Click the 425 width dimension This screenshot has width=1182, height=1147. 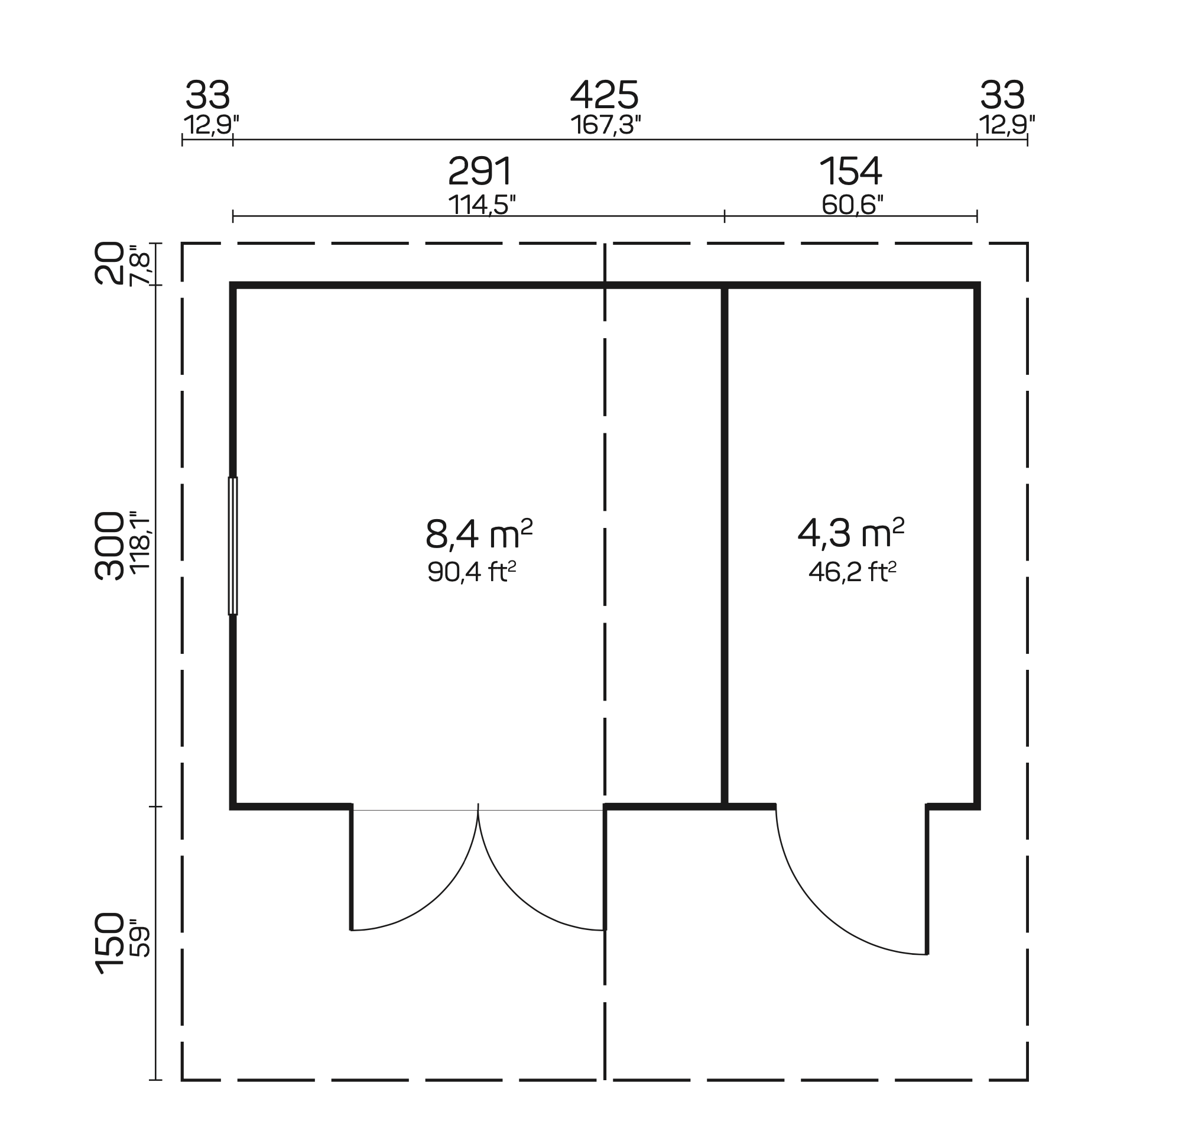tap(603, 96)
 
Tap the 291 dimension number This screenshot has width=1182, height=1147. tap(480, 172)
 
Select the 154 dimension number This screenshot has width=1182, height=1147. tap(850, 172)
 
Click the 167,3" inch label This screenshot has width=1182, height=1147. tap(605, 125)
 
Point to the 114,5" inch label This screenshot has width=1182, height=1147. tap(482, 205)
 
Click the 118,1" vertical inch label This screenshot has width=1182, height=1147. tap(140, 543)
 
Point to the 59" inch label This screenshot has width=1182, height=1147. tap(140, 938)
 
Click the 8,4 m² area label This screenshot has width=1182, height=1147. tap(479, 534)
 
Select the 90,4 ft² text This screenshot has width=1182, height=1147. tap(472, 571)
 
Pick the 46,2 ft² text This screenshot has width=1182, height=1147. tap(852, 571)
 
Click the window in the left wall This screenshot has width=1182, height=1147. tap(233, 546)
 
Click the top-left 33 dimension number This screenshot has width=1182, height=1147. tap(207, 96)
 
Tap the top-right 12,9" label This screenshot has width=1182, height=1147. tap(1006, 125)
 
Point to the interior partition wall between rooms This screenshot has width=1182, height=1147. tap(725, 543)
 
